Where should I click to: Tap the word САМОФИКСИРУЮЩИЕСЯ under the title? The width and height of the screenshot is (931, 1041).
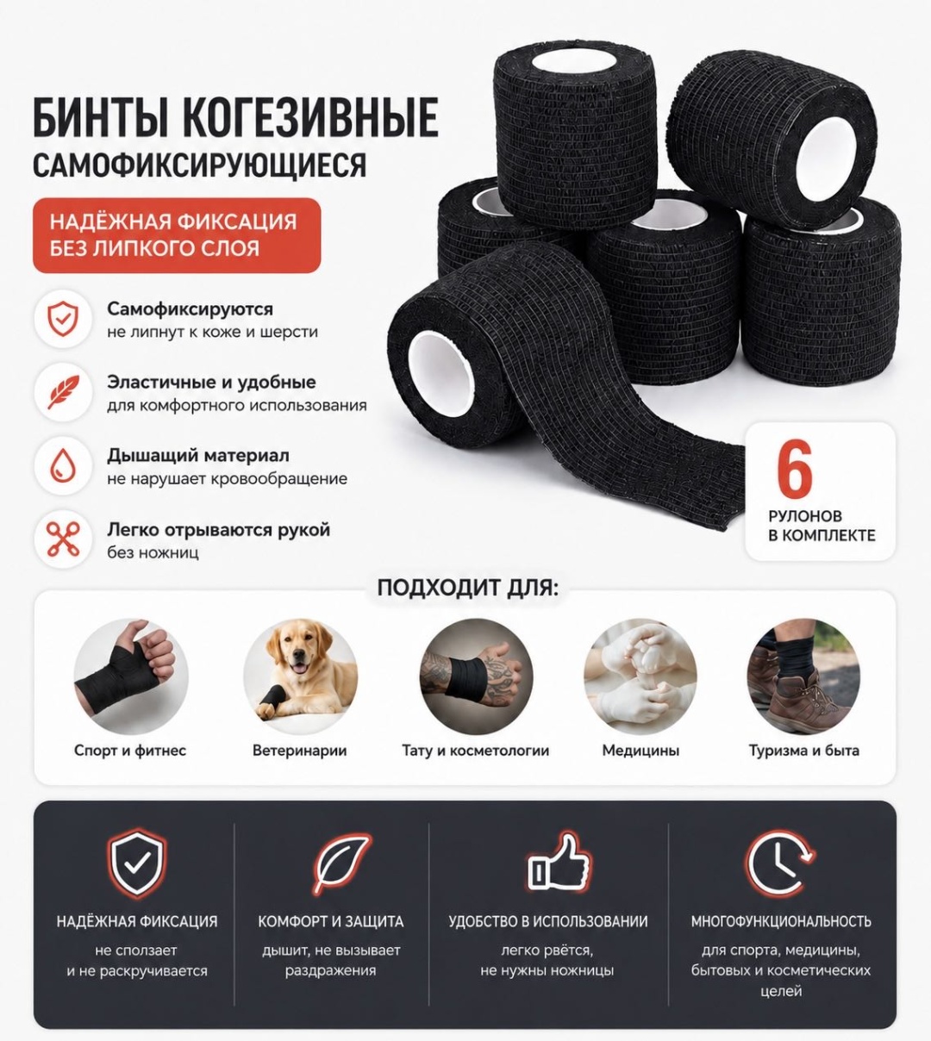tap(200, 165)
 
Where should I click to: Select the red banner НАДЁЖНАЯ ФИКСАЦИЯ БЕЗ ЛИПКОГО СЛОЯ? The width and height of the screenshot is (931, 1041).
tap(177, 235)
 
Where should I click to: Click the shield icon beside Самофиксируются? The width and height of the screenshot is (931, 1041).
tap(63, 319)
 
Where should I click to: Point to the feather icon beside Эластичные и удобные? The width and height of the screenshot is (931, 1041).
tap(64, 392)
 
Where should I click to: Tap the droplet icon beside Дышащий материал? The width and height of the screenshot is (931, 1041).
tap(63, 466)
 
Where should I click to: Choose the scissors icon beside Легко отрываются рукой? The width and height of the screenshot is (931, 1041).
tap(63, 539)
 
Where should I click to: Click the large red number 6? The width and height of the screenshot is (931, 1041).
tap(795, 469)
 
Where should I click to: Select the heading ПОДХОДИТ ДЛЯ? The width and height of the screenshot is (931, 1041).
tap(468, 588)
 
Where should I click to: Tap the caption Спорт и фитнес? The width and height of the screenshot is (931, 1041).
tap(130, 751)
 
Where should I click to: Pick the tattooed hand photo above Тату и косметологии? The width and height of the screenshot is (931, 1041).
tap(476, 676)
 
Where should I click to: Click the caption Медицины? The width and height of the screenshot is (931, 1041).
tap(640, 751)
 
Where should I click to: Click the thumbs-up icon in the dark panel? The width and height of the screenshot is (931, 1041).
tap(559, 864)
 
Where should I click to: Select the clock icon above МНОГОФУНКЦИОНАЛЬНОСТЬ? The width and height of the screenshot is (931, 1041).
tap(779, 863)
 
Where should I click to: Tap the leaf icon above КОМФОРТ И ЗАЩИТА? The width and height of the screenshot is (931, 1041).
tap(341, 864)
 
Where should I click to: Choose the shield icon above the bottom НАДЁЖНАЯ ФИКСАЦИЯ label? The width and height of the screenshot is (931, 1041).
tap(137, 863)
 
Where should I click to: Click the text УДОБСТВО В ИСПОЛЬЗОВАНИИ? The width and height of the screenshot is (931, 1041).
tap(548, 921)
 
